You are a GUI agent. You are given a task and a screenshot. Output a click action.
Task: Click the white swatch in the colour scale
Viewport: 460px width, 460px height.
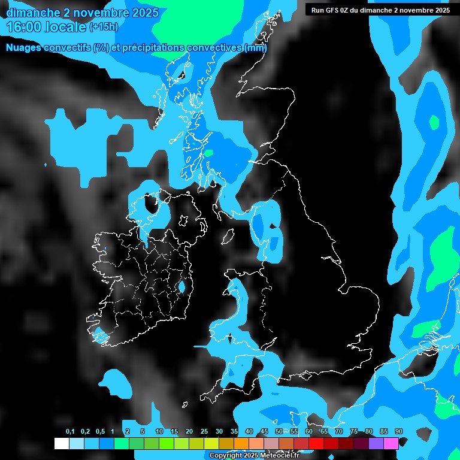click(x=61, y=443)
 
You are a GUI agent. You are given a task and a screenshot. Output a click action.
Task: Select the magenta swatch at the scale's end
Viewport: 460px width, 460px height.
click(x=391, y=443)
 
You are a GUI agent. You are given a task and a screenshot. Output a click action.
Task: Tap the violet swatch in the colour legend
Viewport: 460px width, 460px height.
click(x=376, y=443)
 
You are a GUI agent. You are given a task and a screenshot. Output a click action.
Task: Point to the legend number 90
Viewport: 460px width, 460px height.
click(x=399, y=432)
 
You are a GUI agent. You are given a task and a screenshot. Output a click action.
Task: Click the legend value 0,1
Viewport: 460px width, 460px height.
click(x=70, y=432)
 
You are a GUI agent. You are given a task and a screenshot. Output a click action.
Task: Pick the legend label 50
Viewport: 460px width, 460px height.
click(x=279, y=432)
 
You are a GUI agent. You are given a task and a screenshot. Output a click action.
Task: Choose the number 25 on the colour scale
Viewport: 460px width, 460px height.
click(x=204, y=432)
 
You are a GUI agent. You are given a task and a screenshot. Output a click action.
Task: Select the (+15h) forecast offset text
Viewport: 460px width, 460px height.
click(x=103, y=27)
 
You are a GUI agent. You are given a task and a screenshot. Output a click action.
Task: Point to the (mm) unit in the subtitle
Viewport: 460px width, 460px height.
click(x=256, y=47)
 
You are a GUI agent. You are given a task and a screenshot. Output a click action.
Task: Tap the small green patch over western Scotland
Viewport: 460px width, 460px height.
click(x=208, y=153)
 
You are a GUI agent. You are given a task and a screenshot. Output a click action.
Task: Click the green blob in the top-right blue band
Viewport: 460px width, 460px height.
click(x=434, y=122)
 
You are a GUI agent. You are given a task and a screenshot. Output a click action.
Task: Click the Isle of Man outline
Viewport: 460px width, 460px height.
click(x=228, y=237)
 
